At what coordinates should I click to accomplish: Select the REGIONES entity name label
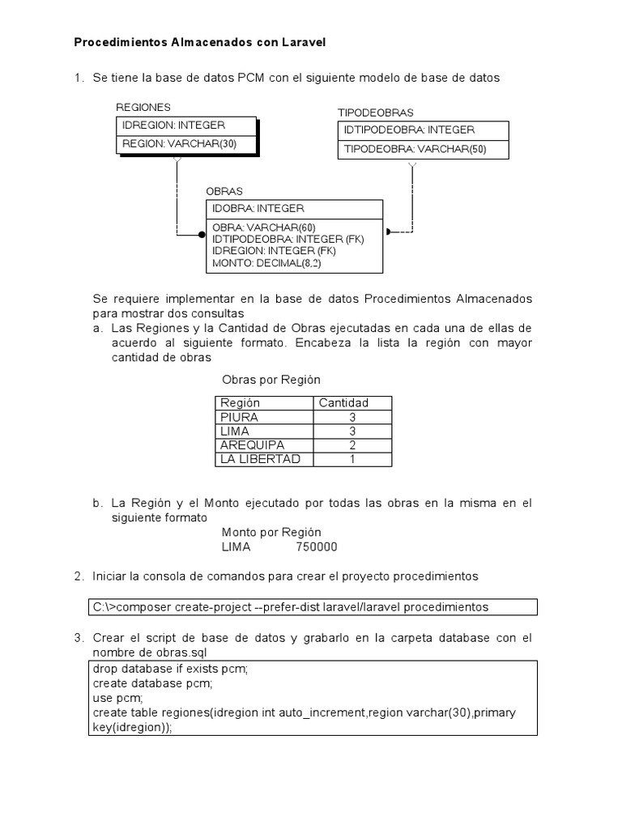(x=143, y=108)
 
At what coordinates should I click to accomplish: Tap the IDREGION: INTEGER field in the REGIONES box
(x=173, y=125)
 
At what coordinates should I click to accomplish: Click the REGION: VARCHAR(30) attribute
(x=179, y=144)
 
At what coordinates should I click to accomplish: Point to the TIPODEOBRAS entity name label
(x=375, y=113)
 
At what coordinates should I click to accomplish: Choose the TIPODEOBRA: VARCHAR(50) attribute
(x=415, y=149)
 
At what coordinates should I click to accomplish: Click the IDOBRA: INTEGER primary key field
(x=258, y=209)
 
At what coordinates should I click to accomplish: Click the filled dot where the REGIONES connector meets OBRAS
(x=202, y=234)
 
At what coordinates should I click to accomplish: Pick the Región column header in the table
(x=240, y=402)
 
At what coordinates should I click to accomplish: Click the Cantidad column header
(x=343, y=402)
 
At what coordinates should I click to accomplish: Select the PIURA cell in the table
(x=239, y=417)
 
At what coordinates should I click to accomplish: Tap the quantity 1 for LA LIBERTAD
(x=352, y=459)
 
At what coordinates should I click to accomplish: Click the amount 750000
(x=317, y=546)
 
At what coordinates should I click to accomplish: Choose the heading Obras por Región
(x=271, y=380)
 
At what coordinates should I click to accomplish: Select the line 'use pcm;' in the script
(x=117, y=697)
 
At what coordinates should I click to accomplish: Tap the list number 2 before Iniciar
(x=78, y=576)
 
